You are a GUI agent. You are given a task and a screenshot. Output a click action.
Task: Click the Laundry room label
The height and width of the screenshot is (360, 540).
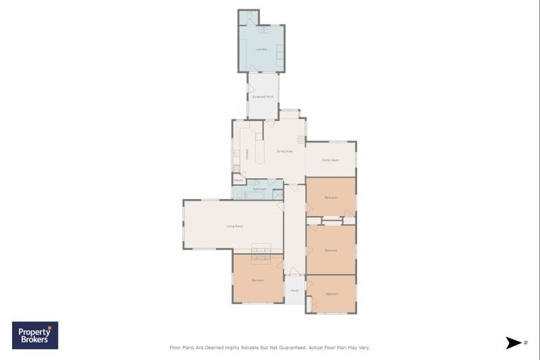click(261, 49)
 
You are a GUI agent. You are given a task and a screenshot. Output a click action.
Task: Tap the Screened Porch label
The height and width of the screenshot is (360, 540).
click(263, 96)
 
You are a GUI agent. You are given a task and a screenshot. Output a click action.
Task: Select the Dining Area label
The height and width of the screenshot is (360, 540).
click(284, 151)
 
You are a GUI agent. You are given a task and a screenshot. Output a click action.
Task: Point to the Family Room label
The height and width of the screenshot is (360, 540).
click(330, 160)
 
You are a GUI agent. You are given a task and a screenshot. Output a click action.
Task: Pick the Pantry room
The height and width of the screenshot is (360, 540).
click(239, 180)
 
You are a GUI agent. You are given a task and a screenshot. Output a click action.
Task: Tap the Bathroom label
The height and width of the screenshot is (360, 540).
click(259, 189)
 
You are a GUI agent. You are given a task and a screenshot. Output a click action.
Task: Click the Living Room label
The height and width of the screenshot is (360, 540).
click(235, 226)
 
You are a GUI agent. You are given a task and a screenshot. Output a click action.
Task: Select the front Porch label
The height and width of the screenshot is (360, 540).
click(295, 290)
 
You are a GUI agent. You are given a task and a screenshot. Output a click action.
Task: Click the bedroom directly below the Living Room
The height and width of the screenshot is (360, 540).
click(258, 281)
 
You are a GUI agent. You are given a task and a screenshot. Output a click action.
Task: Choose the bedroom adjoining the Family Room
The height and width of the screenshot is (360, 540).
click(330, 197)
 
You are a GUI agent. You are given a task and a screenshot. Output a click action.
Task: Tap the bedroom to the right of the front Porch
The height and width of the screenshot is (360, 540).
click(331, 294)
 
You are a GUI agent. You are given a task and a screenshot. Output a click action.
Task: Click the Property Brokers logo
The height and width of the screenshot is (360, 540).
click(35, 335)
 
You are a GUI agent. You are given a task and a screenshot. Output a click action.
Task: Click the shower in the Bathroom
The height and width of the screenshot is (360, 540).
click(278, 194)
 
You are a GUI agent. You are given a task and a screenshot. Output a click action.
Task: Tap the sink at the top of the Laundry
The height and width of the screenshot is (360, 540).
click(264, 30)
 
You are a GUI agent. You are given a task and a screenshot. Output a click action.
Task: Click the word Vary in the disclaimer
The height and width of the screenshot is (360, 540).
click(364, 347)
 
